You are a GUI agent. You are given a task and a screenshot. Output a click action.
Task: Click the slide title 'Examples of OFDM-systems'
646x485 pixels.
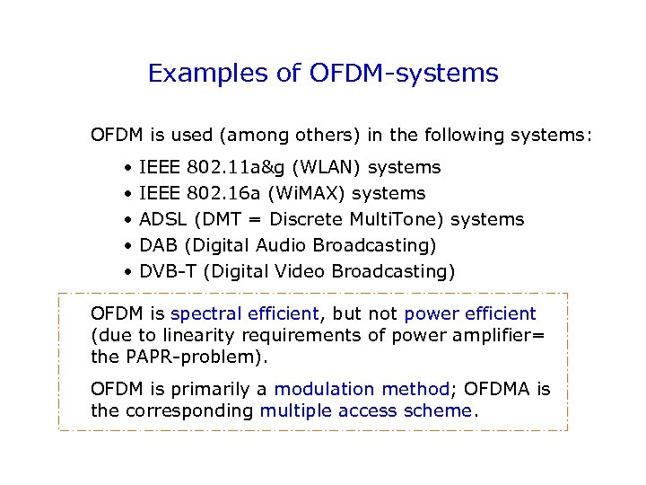click(x=323, y=73)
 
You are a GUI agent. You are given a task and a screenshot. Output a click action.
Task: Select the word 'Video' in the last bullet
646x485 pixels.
click(x=302, y=271)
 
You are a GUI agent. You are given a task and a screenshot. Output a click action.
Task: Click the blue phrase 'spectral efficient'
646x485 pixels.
click(x=244, y=314)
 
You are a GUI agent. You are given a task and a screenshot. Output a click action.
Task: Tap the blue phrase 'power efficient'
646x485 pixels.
click(x=470, y=314)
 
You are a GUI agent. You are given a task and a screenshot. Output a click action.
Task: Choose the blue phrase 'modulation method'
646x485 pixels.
click(x=362, y=389)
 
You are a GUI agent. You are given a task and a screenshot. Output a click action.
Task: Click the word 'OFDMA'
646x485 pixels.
click(x=498, y=389)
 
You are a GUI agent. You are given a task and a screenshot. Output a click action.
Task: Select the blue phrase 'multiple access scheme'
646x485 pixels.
click(x=366, y=410)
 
